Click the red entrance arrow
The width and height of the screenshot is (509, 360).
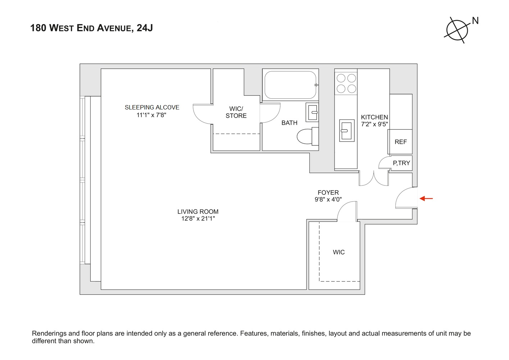tap(426, 198)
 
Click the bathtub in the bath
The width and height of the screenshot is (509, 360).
tap(290, 85)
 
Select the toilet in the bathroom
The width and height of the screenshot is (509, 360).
tap(306, 136)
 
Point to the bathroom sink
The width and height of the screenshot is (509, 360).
tap(312, 112)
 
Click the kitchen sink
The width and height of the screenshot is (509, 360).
tap(346, 130)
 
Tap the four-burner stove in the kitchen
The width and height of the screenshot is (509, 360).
tap(346, 83)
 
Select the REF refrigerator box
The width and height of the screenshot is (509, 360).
tap(400, 142)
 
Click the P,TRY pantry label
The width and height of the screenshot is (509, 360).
tap(401, 163)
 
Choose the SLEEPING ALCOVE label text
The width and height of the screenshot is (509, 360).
tap(152, 107)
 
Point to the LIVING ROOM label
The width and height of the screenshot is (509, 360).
tap(198, 212)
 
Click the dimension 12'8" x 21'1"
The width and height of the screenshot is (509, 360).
tap(198, 219)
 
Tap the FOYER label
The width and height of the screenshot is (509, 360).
tap(328, 193)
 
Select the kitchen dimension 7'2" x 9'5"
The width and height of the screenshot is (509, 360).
tap(374, 124)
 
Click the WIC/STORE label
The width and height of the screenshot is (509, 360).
tap(236, 112)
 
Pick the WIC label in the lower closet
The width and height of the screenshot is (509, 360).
tap(338, 252)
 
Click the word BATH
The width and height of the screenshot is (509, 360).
tap(289, 123)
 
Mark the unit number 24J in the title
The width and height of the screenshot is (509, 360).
tap(145, 28)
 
